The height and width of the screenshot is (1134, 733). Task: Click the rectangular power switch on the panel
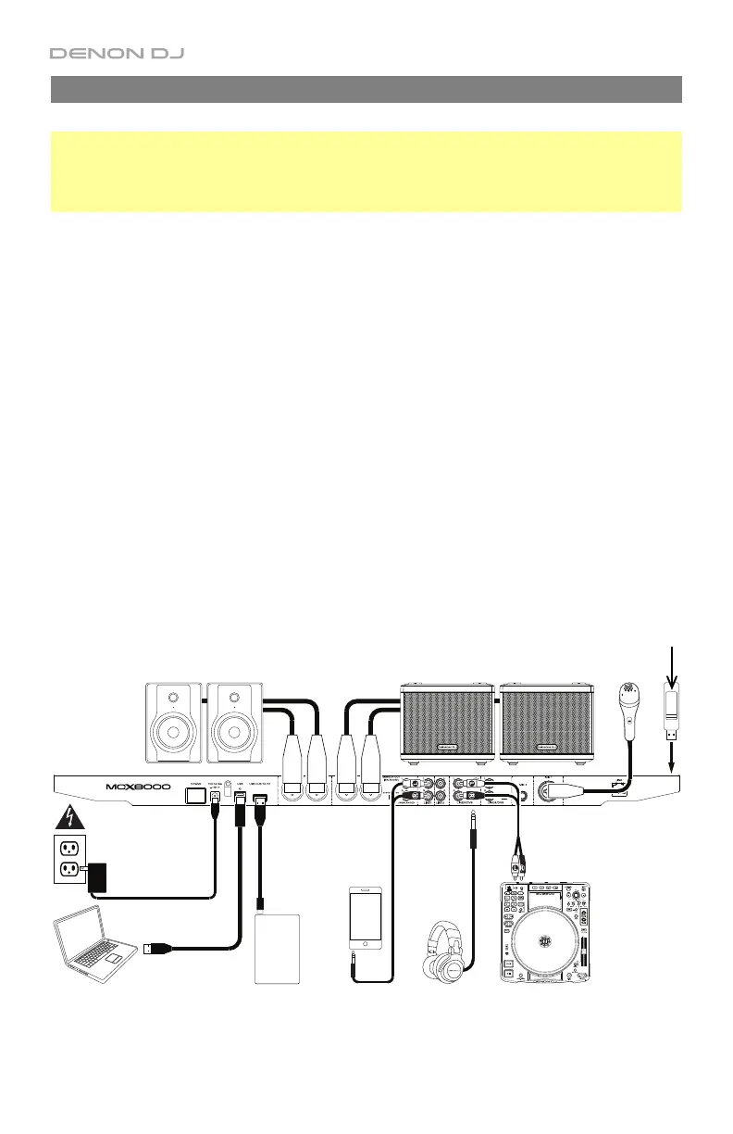[x=196, y=794]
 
